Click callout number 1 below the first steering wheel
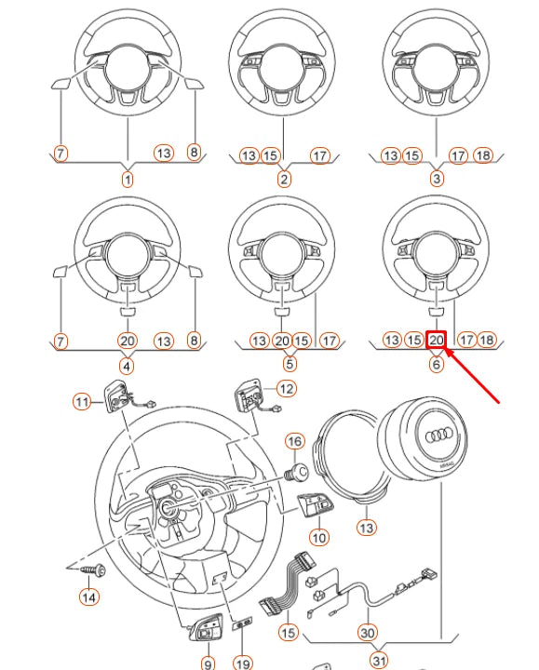[128, 179]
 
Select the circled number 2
[284, 179]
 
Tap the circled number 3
[436, 179]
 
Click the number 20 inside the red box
[437, 342]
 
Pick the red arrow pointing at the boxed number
[475, 376]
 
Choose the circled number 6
[436, 365]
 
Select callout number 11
[84, 401]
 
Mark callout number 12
[286, 388]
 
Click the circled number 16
[294, 440]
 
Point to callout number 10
[318, 536]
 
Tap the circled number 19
[242, 663]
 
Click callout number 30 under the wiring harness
[368, 633]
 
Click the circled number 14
[88, 597]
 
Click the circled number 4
[128, 365]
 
